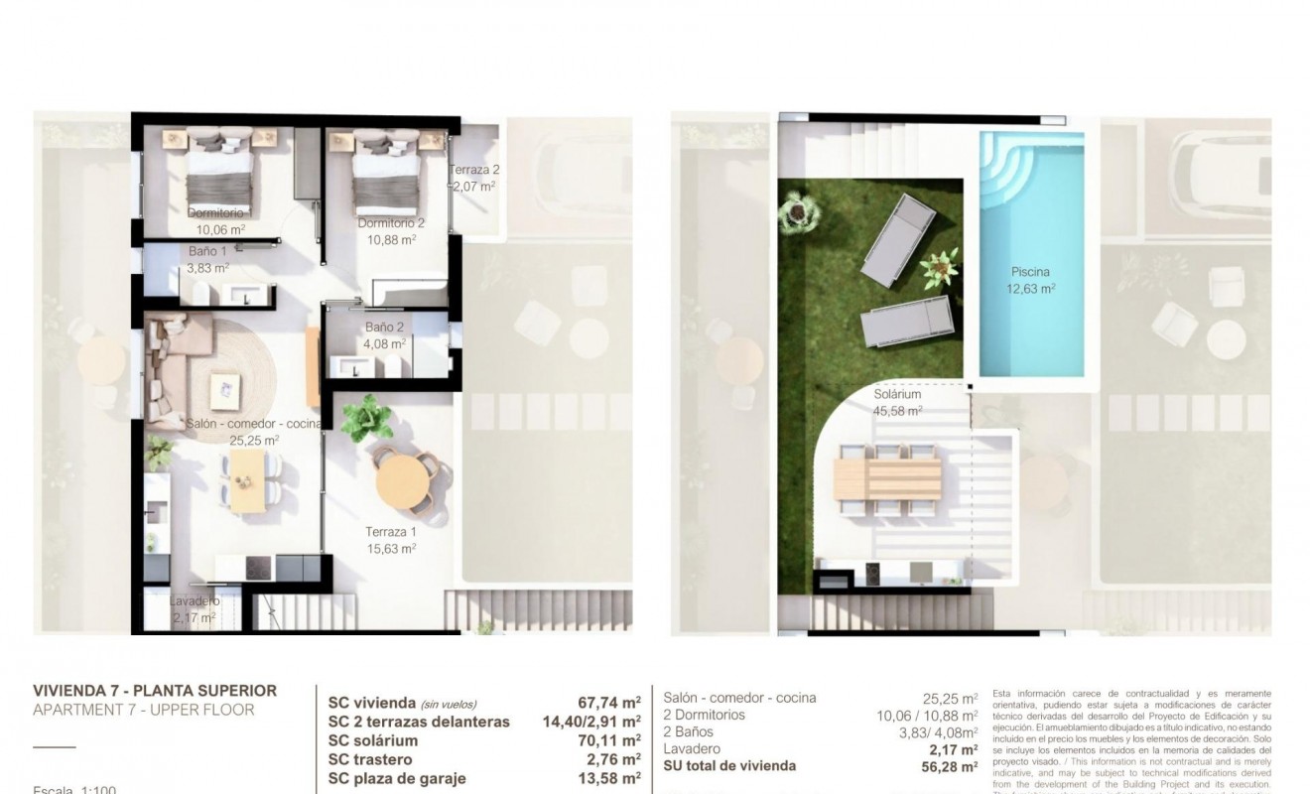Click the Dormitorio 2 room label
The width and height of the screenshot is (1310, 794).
coord(386,223)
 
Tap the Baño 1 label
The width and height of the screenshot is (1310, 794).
coord(208,252)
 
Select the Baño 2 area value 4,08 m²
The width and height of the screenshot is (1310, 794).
coord(385,344)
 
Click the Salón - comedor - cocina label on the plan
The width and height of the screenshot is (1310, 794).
coord(254,424)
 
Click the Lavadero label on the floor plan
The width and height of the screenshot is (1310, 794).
coord(194,601)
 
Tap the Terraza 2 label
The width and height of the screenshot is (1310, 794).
coord(474,169)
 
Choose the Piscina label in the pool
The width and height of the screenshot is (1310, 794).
coord(1030,272)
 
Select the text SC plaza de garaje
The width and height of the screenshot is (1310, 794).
coord(397,779)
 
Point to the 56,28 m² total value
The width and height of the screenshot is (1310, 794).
coord(943,766)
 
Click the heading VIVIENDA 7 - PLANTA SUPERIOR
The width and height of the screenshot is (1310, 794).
coord(155,691)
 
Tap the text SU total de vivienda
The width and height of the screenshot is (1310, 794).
coord(729,766)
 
